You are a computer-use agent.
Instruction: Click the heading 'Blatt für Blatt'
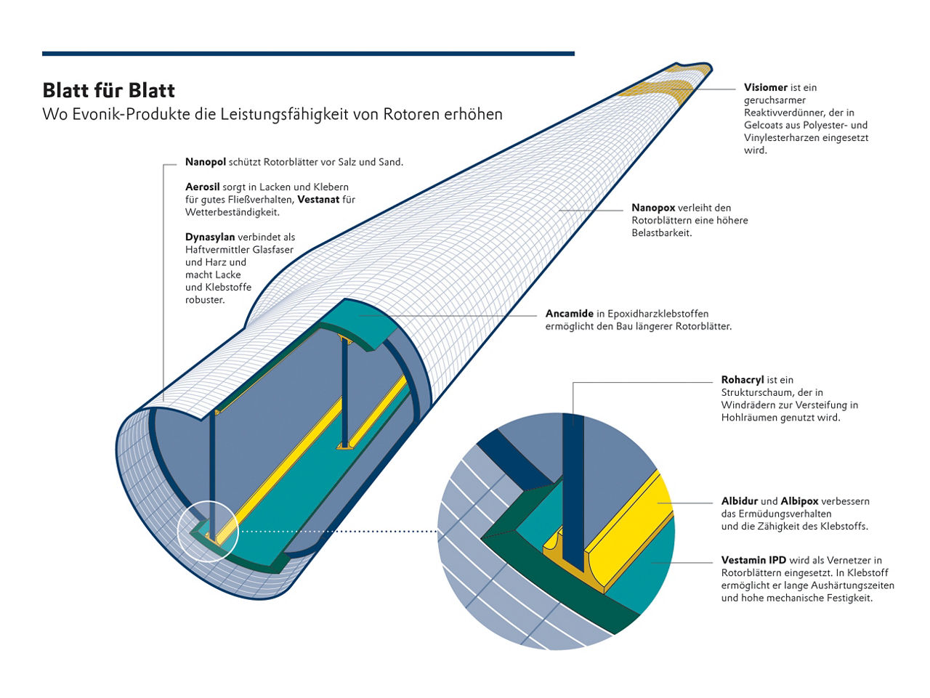109,91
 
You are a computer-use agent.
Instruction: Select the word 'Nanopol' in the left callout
206,162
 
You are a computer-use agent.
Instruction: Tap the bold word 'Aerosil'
202,187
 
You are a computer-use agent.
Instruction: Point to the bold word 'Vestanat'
318,200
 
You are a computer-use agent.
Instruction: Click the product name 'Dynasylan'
210,238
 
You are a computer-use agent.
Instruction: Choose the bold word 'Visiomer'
766,88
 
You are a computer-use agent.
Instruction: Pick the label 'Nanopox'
653,208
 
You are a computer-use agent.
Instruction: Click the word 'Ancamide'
570,314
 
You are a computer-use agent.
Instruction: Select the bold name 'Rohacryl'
743,380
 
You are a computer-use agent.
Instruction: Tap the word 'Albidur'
740,501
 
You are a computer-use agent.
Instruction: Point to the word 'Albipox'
799,501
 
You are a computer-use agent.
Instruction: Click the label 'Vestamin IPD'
753,561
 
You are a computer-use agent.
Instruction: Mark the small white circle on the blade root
207,531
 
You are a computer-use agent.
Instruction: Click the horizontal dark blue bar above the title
308,53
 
